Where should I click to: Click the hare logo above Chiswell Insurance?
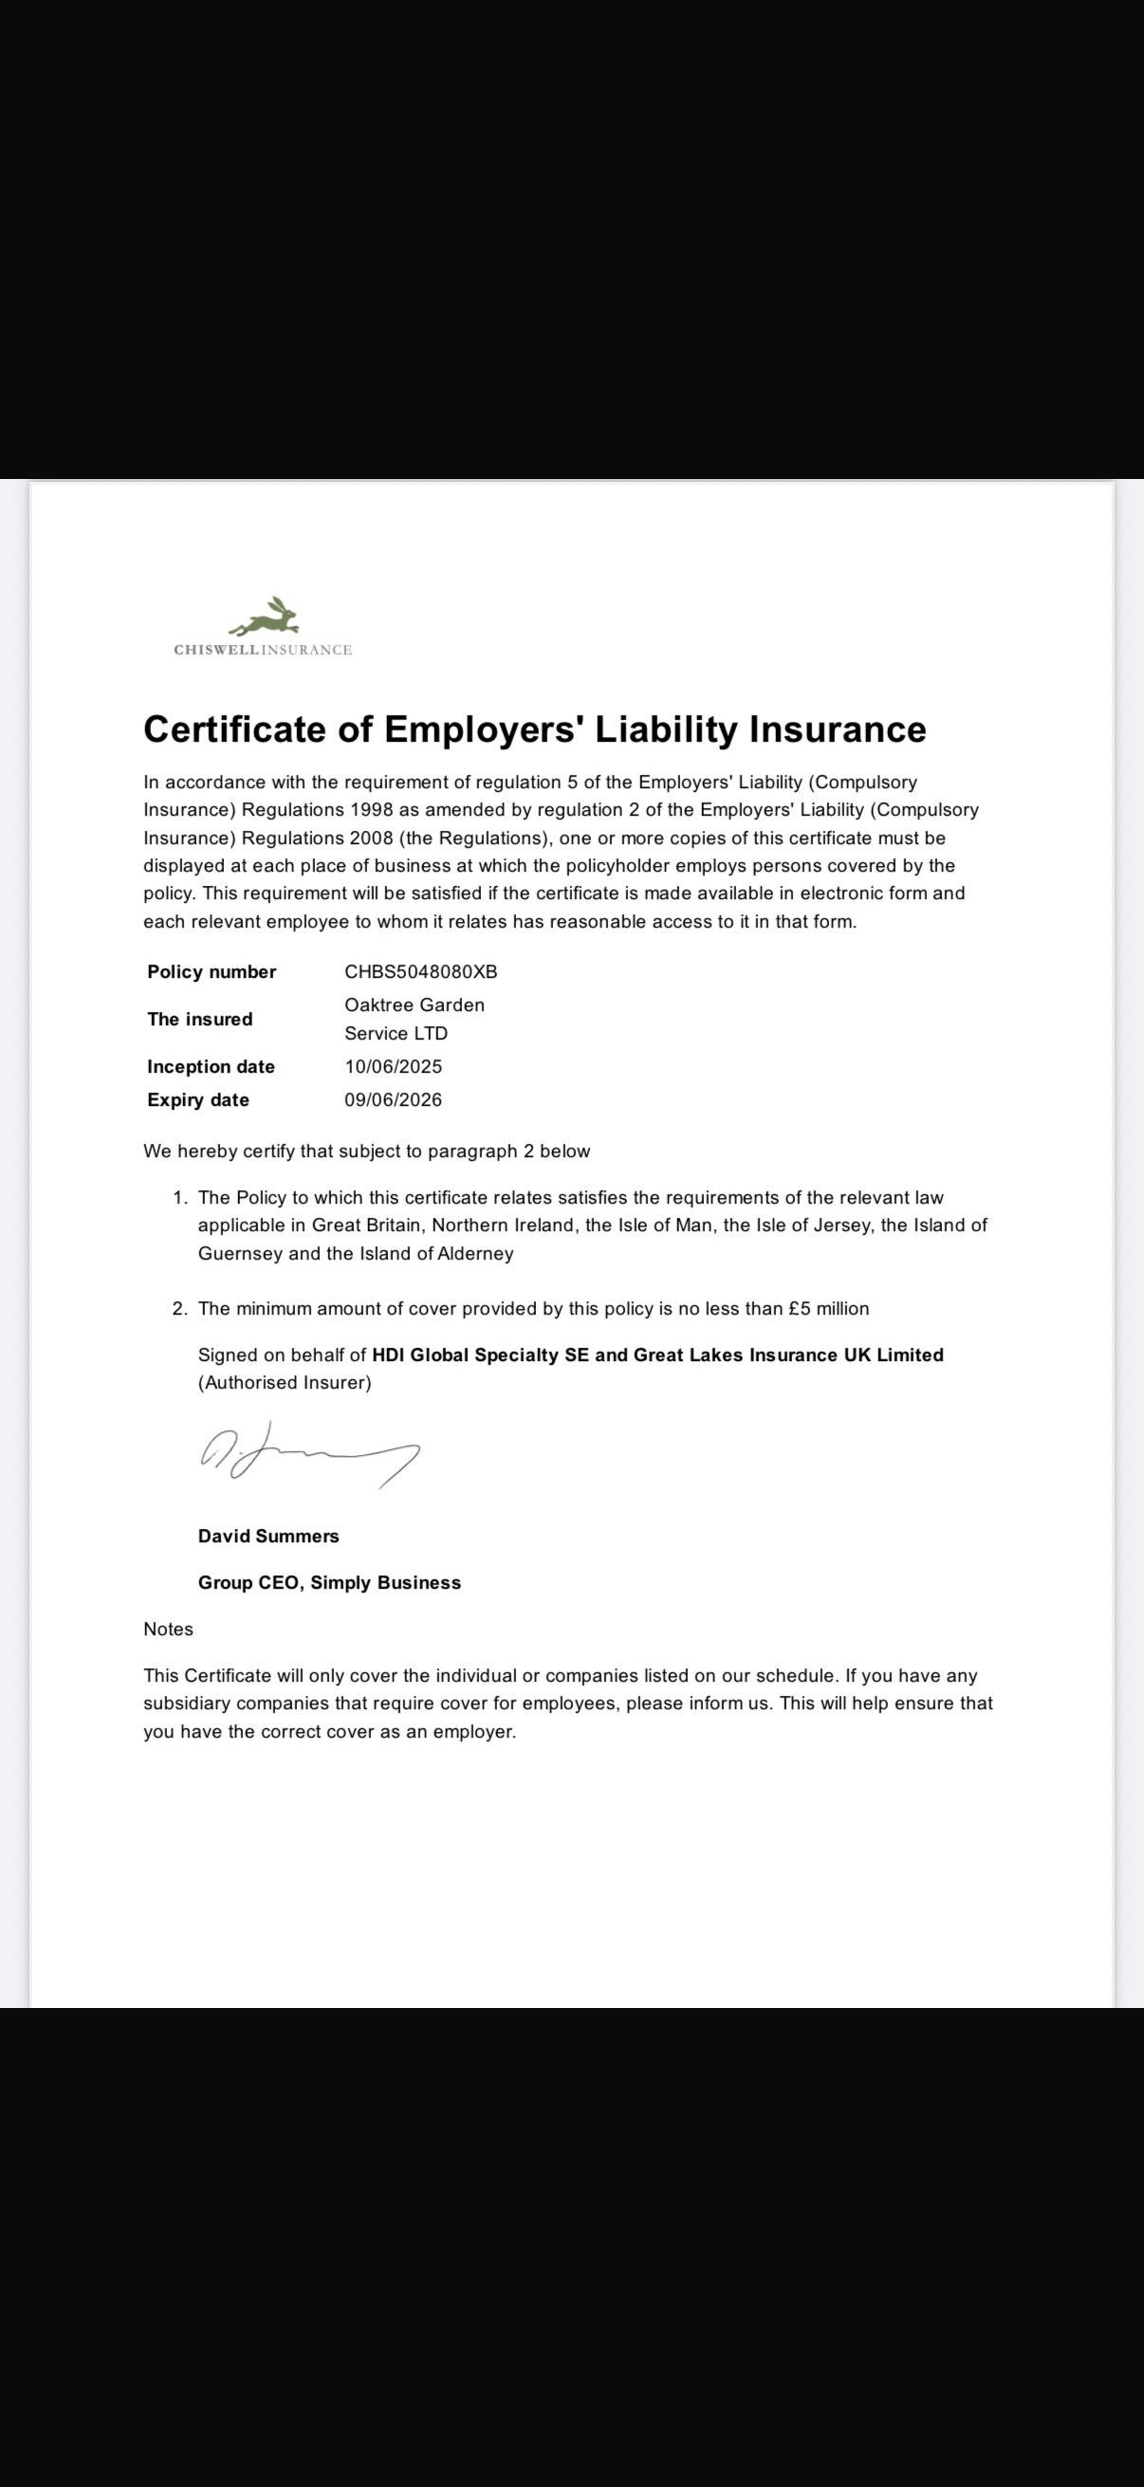(266, 615)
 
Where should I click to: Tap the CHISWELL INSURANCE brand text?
(263, 650)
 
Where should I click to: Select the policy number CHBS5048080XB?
(421, 971)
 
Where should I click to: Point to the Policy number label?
(212, 971)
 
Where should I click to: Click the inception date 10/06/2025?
(393, 1066)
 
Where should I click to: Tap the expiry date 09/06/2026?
(393, 1099)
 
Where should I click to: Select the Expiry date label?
(198, 1099)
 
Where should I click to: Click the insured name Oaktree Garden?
(415, 1005)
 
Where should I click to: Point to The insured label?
(200, 1019)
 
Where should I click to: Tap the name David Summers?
(268, 1536)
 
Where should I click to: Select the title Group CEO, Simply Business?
(329, 1582)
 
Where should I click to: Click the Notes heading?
(168, 1629)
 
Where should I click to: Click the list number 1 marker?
(179, 1197)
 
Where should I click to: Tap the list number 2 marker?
(179, 1308)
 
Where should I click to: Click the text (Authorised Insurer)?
(285, 1383)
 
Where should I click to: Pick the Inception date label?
(211, 1066)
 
